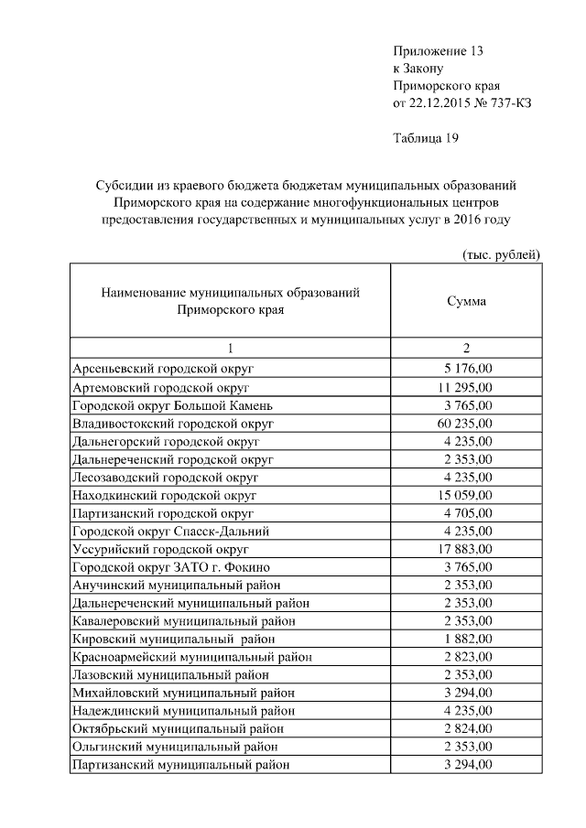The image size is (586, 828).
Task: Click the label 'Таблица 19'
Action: click(x=426, y=138)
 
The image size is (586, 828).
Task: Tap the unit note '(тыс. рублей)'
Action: click(x=498, y=253)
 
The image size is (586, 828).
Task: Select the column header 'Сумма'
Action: click(x=466, y=301)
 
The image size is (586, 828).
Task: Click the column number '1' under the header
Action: click(x=230, y=348)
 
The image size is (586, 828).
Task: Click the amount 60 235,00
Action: click(x=466, y=424)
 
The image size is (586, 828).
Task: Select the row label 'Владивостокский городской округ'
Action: click(x=173, y=424)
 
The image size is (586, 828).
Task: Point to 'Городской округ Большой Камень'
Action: click(x=171, y=405)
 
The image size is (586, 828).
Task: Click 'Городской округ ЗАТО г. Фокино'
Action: click(x=170, y=567)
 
